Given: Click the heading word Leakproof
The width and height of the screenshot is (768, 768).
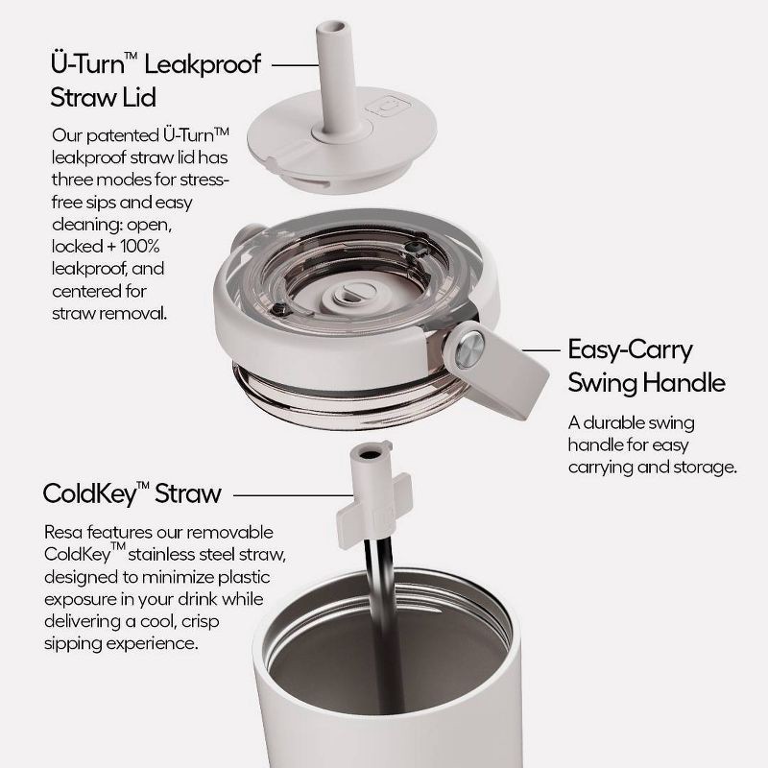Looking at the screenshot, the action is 203,65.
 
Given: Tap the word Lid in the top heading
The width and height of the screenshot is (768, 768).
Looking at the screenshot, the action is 138,97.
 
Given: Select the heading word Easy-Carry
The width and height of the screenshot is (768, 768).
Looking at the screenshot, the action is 630,350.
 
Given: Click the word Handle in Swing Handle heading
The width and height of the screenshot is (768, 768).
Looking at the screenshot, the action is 684,382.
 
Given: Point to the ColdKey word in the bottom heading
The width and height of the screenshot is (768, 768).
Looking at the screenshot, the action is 89,493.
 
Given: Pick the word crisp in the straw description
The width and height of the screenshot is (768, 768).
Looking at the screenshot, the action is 201,622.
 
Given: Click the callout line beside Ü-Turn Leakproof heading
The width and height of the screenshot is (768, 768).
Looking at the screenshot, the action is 296,64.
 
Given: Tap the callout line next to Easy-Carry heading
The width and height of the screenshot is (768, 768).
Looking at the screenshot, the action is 540,350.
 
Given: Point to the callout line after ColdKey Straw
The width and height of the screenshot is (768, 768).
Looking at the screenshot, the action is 294,495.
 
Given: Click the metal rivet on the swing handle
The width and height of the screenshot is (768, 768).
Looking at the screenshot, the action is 469,348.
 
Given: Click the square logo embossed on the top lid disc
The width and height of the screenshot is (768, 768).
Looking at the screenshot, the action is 388,106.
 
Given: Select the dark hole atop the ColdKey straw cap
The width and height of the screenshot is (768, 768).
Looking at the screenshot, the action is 370,454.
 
